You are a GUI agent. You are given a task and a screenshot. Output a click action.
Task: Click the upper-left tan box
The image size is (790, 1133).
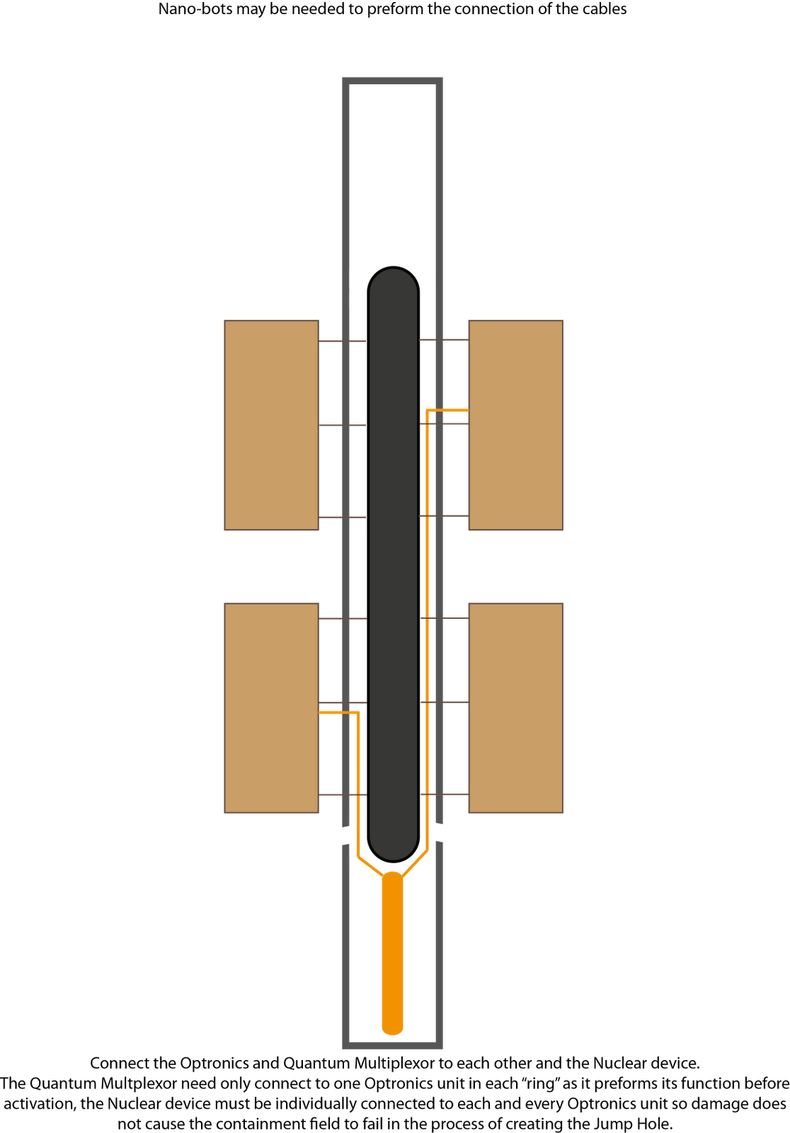(271, 425)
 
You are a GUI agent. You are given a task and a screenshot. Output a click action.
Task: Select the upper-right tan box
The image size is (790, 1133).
(516, 425)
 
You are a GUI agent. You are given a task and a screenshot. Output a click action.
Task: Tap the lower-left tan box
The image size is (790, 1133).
(271, 708)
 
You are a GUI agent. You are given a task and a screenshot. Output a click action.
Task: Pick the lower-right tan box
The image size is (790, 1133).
(516, 708)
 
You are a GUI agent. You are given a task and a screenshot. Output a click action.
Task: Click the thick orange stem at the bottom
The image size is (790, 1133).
(392, 956)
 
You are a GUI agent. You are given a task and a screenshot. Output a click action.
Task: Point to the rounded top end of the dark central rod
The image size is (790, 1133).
(393, 280)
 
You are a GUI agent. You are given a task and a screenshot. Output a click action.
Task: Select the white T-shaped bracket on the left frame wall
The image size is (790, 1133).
(343, 836)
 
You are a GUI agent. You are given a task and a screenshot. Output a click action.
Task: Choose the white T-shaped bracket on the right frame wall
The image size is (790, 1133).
(443, 833)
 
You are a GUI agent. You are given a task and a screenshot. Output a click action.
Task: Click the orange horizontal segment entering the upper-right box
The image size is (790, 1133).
(448, 409)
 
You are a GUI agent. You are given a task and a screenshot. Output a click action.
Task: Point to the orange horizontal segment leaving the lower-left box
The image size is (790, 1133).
(337, 712)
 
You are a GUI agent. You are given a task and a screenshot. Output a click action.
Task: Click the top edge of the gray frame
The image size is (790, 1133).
(393, 81)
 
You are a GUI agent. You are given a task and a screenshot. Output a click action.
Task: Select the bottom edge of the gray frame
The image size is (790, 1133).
(393, 1044)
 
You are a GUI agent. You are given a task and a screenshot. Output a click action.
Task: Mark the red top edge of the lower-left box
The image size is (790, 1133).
(271, 603)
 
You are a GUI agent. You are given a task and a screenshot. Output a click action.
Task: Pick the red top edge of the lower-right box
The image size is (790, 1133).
(516, 603)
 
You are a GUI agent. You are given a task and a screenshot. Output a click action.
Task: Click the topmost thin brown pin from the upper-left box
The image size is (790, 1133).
(343, 341)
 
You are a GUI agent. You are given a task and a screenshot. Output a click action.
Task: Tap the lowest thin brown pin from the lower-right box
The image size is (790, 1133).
(445, 793)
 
